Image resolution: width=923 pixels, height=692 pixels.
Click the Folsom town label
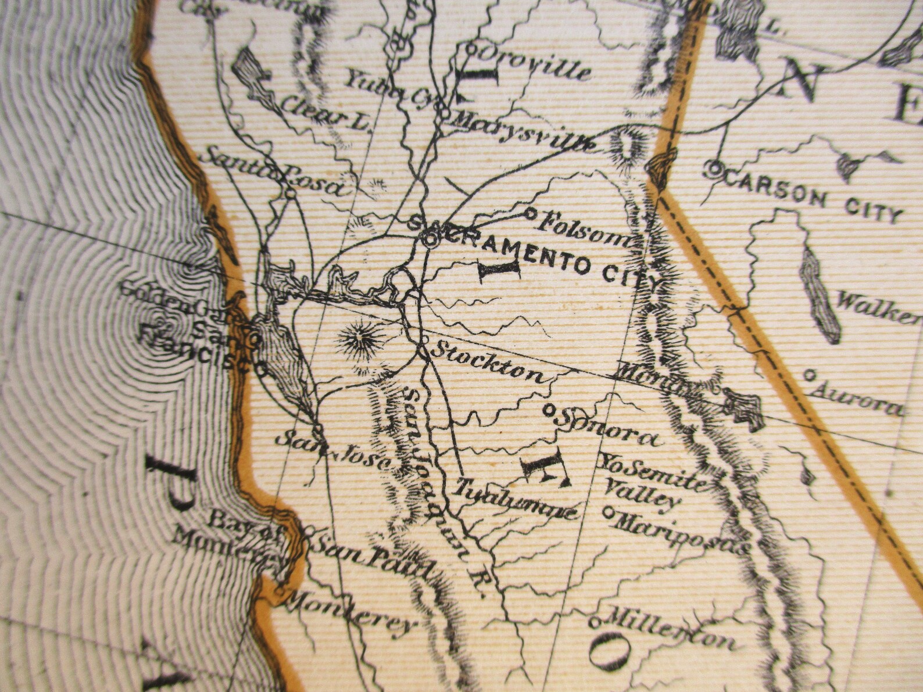click(584, 229)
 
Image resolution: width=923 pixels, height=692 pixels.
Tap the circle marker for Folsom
click(530, 213)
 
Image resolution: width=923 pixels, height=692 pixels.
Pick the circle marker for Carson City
click(714, 170)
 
